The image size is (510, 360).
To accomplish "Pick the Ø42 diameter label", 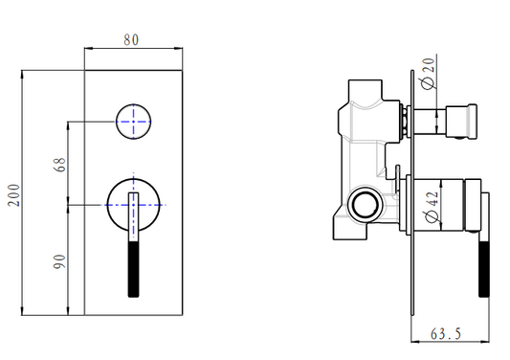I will [x=430, y=206].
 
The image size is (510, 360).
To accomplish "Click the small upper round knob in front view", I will [x=134, y=121].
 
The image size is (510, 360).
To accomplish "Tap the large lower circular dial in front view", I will [x=133, y=205].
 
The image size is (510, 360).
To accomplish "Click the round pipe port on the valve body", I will [x=364, y=203].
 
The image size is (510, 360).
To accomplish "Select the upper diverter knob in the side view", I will [x=465, y=121].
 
